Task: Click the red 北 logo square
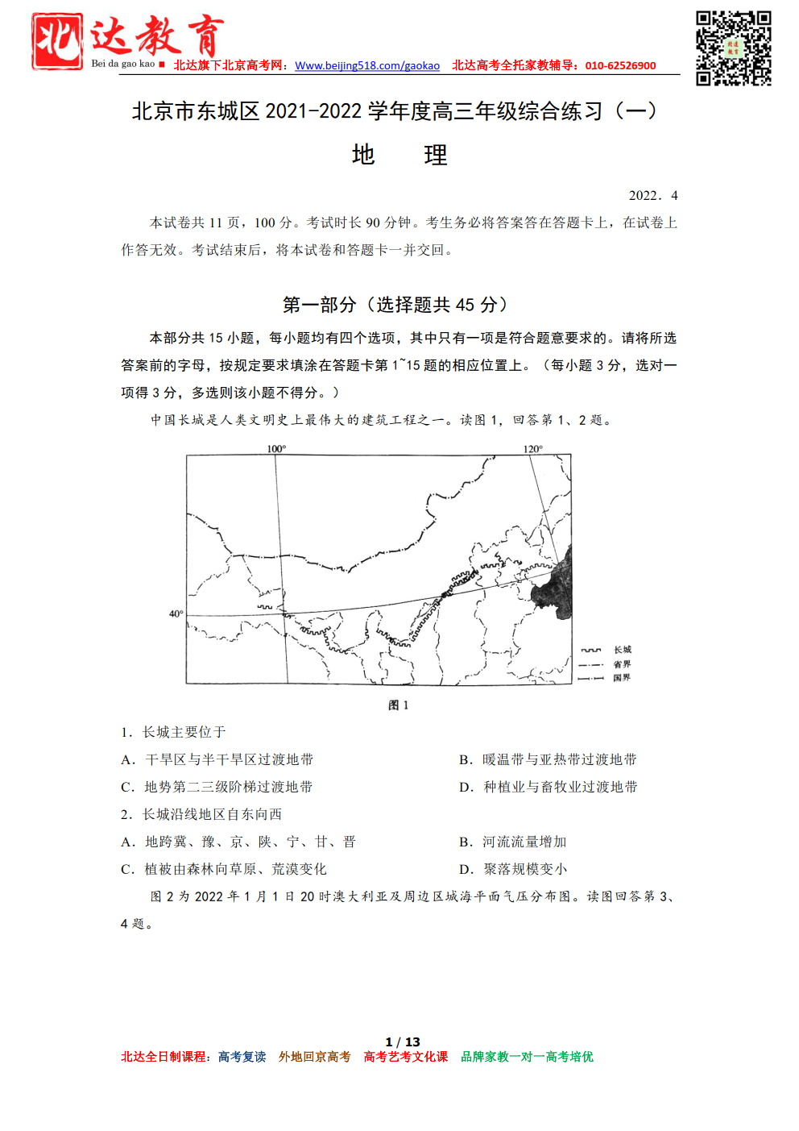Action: (x=57, y=41)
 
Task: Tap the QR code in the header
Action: (x=733, y=48)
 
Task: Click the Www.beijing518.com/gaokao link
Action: (x=367, y=66)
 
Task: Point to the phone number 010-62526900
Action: (x=620, y=66)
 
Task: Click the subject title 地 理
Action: (x=399, y=155)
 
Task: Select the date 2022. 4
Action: (x=653, y=196)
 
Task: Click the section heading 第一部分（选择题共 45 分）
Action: (x=395, y=305)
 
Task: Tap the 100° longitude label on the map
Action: (x=276, y=448)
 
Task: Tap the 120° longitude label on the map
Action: (x=533, y=448)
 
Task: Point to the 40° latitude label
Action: (x=176, y=614)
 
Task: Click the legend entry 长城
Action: (x=623, y=650)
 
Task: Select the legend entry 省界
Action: (x=622, y=664)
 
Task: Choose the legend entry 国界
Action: (x=622, y=678)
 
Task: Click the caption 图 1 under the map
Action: (x=399, y=705)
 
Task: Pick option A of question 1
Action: (x=217, y=759)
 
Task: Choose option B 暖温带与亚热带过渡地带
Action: (x=548, y=759)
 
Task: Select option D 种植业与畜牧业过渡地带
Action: (x=549, y=787)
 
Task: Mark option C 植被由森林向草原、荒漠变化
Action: (x=224, y=869)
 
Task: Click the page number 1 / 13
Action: (x=403, y=1042)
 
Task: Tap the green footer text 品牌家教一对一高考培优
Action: (x=527, y=1057)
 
